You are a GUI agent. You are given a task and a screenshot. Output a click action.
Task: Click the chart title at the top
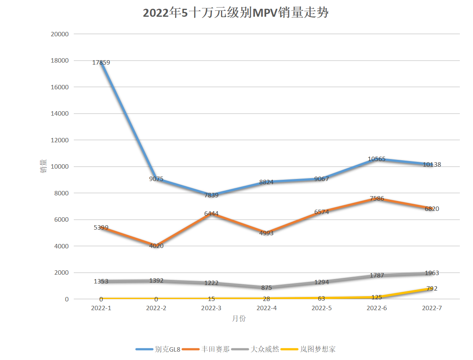(236, 13)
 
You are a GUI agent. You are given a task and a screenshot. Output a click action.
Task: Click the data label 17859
(101, 63)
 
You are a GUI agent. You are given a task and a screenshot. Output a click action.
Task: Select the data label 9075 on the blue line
(156, 179)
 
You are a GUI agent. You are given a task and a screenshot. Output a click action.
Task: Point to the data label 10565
(376, 159)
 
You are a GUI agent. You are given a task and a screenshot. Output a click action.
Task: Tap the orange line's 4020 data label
(156, 246)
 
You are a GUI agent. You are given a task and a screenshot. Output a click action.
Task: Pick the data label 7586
(376, 199)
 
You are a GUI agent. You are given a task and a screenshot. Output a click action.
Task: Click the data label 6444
(211, 214)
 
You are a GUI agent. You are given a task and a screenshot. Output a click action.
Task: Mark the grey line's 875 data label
(266, 287)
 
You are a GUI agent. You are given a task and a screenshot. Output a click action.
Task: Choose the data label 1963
(432, 273)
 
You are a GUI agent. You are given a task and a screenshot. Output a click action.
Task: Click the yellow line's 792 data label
(432, 289)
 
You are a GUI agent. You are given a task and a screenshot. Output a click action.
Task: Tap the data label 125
(376, 297)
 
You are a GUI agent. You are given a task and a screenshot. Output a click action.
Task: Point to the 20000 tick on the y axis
(60, 34)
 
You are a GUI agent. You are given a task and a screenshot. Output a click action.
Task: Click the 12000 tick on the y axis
(60, 140)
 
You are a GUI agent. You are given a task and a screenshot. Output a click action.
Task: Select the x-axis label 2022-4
(266, 308)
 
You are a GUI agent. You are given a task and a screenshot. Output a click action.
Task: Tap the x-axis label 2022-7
(432, 308)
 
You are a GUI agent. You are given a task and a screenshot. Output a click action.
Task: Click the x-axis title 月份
(239, 319)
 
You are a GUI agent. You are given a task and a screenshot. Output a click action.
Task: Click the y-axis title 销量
(43, 167)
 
